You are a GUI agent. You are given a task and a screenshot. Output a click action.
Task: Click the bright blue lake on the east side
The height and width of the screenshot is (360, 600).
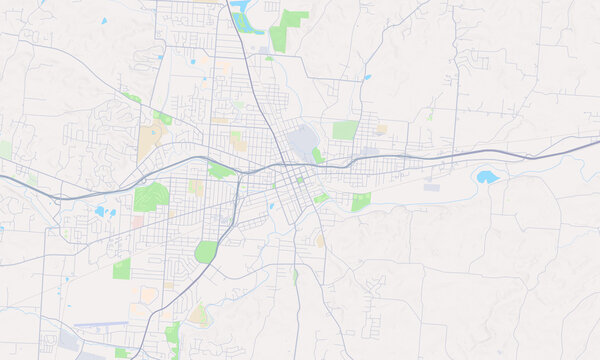coord(487,177)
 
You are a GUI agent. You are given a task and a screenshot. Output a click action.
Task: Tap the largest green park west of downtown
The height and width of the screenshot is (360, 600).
coord(150,196)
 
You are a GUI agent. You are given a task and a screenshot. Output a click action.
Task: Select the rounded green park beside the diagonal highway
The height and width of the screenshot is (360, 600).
coord(206,251)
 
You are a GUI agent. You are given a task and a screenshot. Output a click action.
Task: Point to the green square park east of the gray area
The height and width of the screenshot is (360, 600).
coord(345,130)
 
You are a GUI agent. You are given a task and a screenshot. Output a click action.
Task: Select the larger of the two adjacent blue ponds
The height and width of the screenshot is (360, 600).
coord(99,212)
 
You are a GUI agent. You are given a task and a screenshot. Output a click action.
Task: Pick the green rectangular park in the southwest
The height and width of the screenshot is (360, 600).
coord(122,268)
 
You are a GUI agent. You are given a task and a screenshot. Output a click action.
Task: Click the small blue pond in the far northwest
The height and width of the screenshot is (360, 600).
coord(103,21)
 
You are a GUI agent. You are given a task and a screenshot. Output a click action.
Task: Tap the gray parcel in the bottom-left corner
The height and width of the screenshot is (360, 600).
coord(68,340)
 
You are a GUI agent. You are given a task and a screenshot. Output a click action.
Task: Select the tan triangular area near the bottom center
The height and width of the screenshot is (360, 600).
coord(199,315)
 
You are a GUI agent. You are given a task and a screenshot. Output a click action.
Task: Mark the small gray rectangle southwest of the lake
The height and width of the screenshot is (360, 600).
coord(431,187)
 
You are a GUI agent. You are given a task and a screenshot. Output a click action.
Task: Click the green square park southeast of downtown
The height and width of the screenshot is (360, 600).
coord(361,201)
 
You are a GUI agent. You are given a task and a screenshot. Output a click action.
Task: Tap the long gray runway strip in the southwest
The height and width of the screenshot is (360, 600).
coord(100,324)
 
